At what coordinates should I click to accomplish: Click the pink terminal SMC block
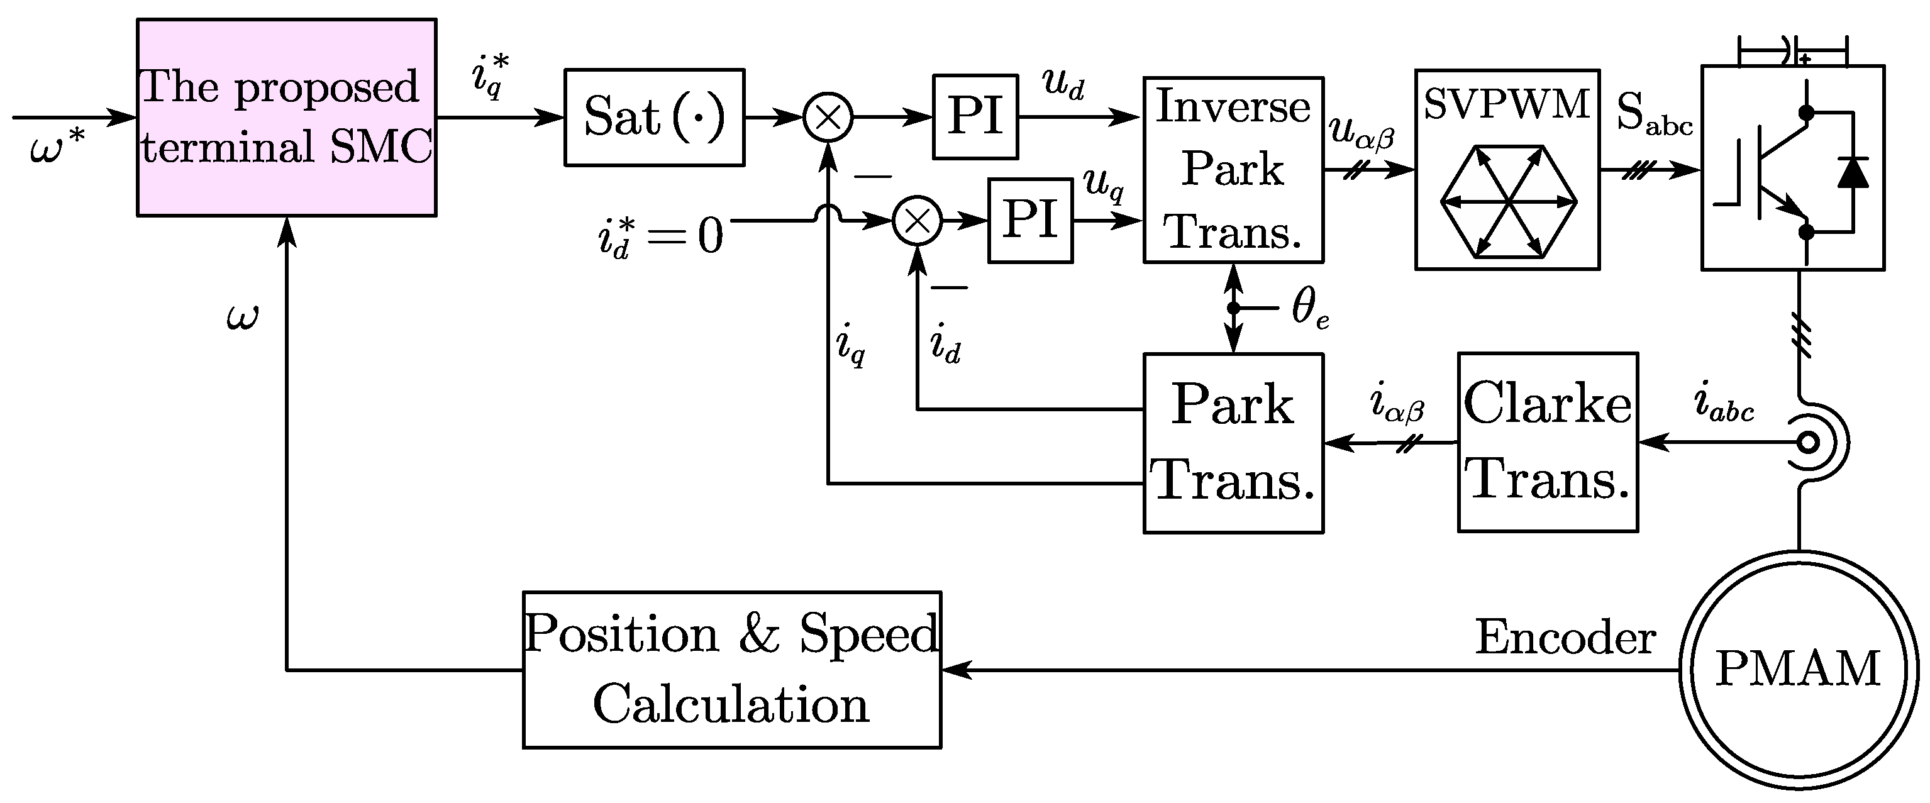(286, 118)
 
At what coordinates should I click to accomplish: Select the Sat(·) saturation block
(654, 118)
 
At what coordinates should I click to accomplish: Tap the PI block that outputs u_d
(975, 117)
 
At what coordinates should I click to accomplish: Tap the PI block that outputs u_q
(1030, 220)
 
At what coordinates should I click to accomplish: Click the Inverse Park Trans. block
(1233, 169)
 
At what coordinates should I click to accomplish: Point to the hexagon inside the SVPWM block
(1508, 201)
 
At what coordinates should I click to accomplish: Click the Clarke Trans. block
(1548, 442)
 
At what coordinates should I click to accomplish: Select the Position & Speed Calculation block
(731, 670)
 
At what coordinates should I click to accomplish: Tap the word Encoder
(1565, 638)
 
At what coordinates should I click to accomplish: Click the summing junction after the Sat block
(828, 118)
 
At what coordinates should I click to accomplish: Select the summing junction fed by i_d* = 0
(917, 221)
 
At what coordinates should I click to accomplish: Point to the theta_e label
(1311, 309)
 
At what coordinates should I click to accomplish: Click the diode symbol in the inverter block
(1853, 172)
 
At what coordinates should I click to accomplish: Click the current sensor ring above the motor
(1809, 443)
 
